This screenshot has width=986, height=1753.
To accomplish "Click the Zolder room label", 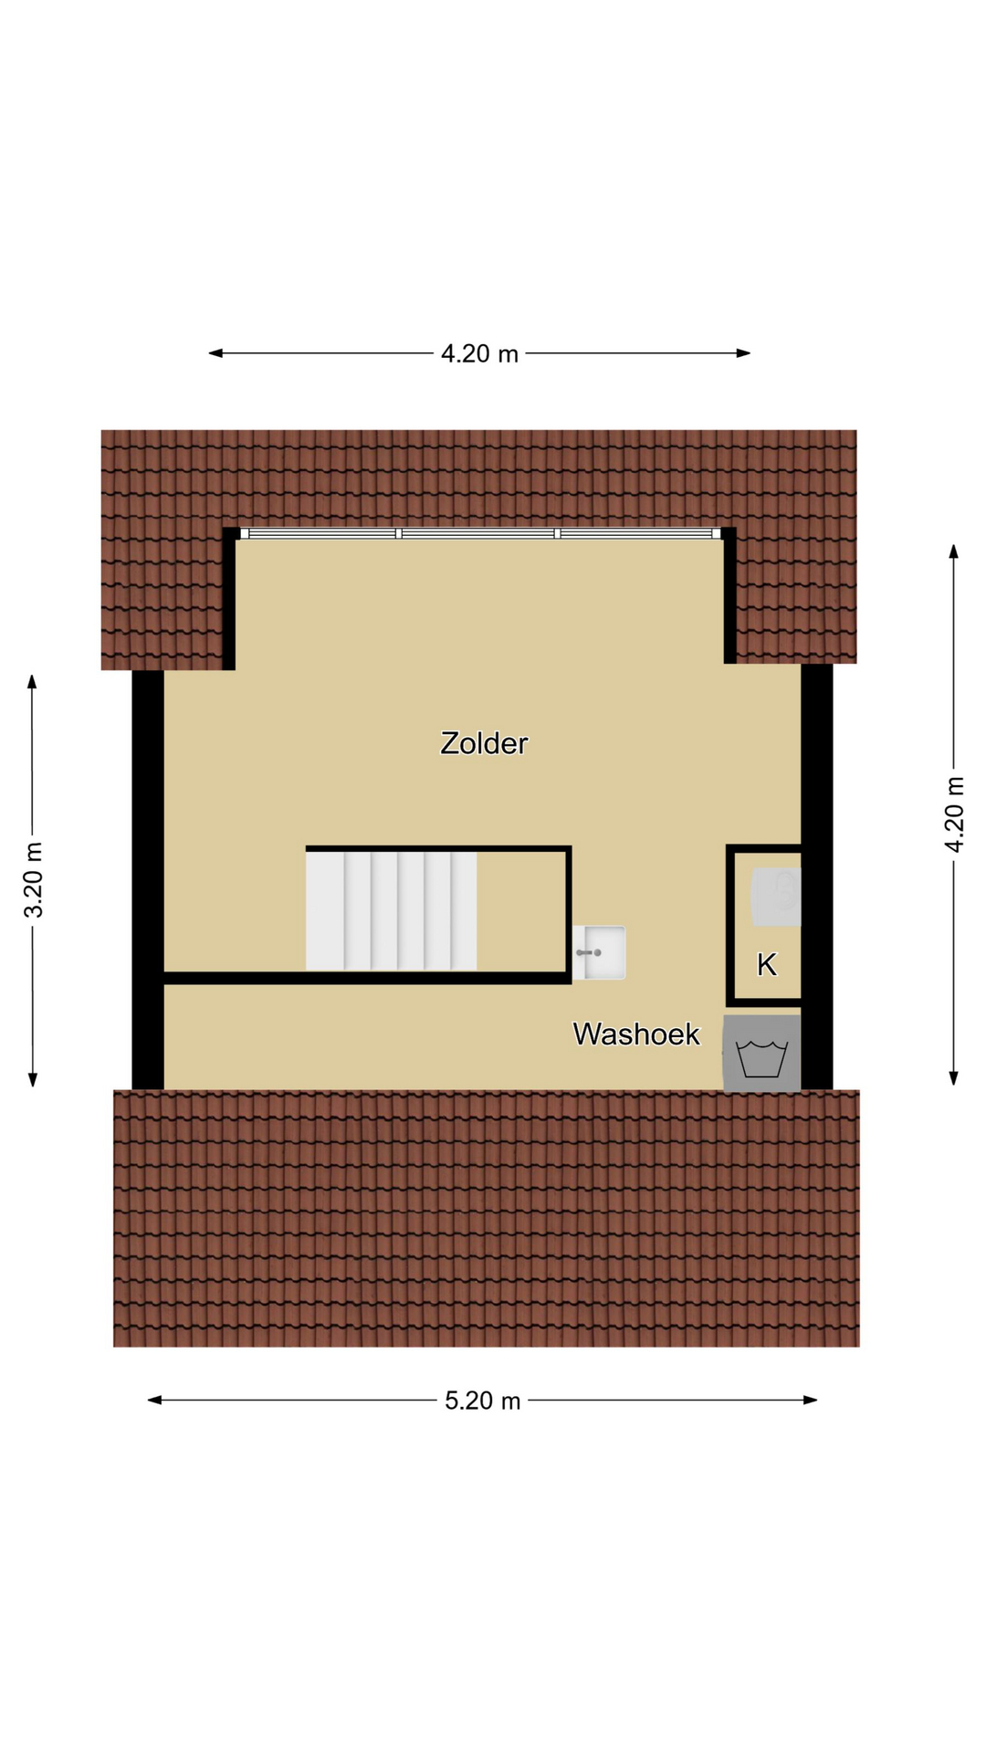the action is (484, 743).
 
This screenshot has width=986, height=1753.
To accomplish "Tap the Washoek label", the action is (636, 1034).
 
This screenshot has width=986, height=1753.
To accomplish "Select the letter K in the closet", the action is (767, 964).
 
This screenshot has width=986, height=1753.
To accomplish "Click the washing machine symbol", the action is (762, 1054).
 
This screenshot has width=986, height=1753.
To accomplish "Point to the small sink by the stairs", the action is (600, 952).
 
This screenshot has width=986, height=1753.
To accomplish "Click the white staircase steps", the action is (391, 910).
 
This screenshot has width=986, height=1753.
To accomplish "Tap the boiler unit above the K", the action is (776, 897).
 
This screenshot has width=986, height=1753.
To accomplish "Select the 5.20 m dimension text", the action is (482, 1401).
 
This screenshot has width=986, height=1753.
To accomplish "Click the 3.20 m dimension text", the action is (34, 880).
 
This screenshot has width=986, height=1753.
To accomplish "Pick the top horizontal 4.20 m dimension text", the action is (479, 353).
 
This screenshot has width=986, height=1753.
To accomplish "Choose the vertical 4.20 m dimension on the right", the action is (954, 814).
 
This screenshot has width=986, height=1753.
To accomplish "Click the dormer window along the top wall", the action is (480, 533).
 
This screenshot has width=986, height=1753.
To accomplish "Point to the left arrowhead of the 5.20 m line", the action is (154, 1400).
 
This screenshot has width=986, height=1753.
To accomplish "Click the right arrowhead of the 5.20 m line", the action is (811, 1400).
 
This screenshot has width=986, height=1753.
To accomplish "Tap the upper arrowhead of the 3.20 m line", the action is (32, 682).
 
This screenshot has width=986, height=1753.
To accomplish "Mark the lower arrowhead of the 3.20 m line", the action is (32, 1080).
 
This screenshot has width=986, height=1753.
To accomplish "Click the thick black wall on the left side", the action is (148, 879).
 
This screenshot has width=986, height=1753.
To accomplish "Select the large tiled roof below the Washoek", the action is (487, 1218).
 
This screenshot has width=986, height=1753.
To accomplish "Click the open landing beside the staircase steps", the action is (521, 911).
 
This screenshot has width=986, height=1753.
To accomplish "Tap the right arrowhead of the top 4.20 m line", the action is (743, 353).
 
